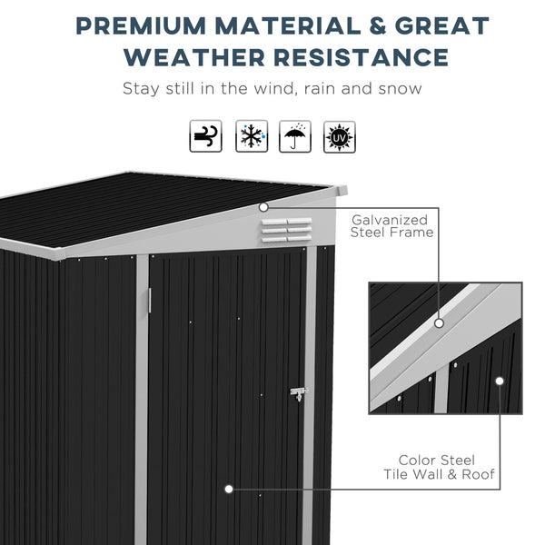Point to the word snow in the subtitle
pos(399,89)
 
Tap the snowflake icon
pos(250,136)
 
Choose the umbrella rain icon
pos(295,136)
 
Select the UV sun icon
pos(340,136)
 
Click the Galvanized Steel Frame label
pos(391,225)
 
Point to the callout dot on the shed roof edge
pos(263,207)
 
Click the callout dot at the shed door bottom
pos(228,489)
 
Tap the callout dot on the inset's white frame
pos(439,322)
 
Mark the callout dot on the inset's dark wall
pos(500,381)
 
